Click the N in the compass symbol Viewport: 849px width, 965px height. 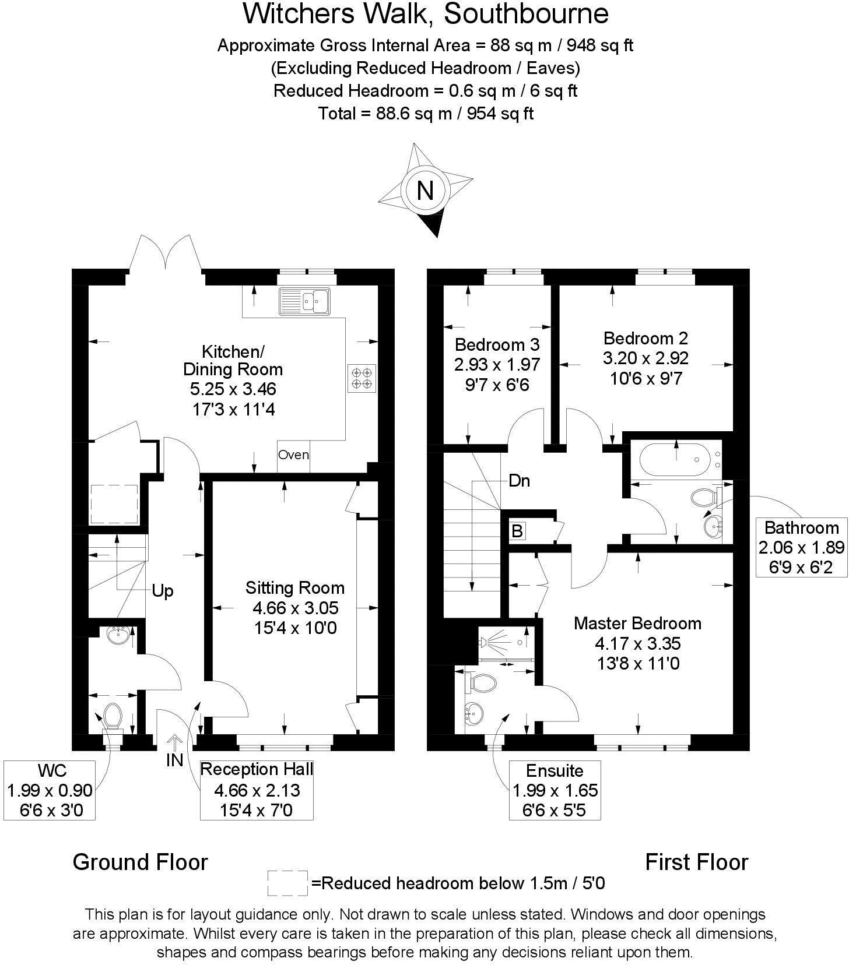425,191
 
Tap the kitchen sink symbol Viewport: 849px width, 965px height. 304,301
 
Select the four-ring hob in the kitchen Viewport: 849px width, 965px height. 362,378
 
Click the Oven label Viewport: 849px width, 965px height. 293,455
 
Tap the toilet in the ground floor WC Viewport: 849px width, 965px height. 113,716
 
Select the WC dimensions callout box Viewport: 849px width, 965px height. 49,790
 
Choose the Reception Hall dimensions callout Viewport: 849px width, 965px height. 257,790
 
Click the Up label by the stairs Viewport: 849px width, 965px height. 163,591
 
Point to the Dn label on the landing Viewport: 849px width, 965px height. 519,481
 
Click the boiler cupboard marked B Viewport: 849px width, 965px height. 517,531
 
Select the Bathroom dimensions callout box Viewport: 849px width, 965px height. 801,547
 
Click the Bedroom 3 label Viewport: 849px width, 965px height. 497,344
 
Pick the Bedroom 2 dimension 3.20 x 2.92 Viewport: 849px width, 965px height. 645,358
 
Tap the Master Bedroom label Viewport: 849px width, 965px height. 637,623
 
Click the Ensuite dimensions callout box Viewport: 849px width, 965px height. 555,790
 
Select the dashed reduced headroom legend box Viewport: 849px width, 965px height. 287,883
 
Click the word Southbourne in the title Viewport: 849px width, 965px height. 526,14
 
